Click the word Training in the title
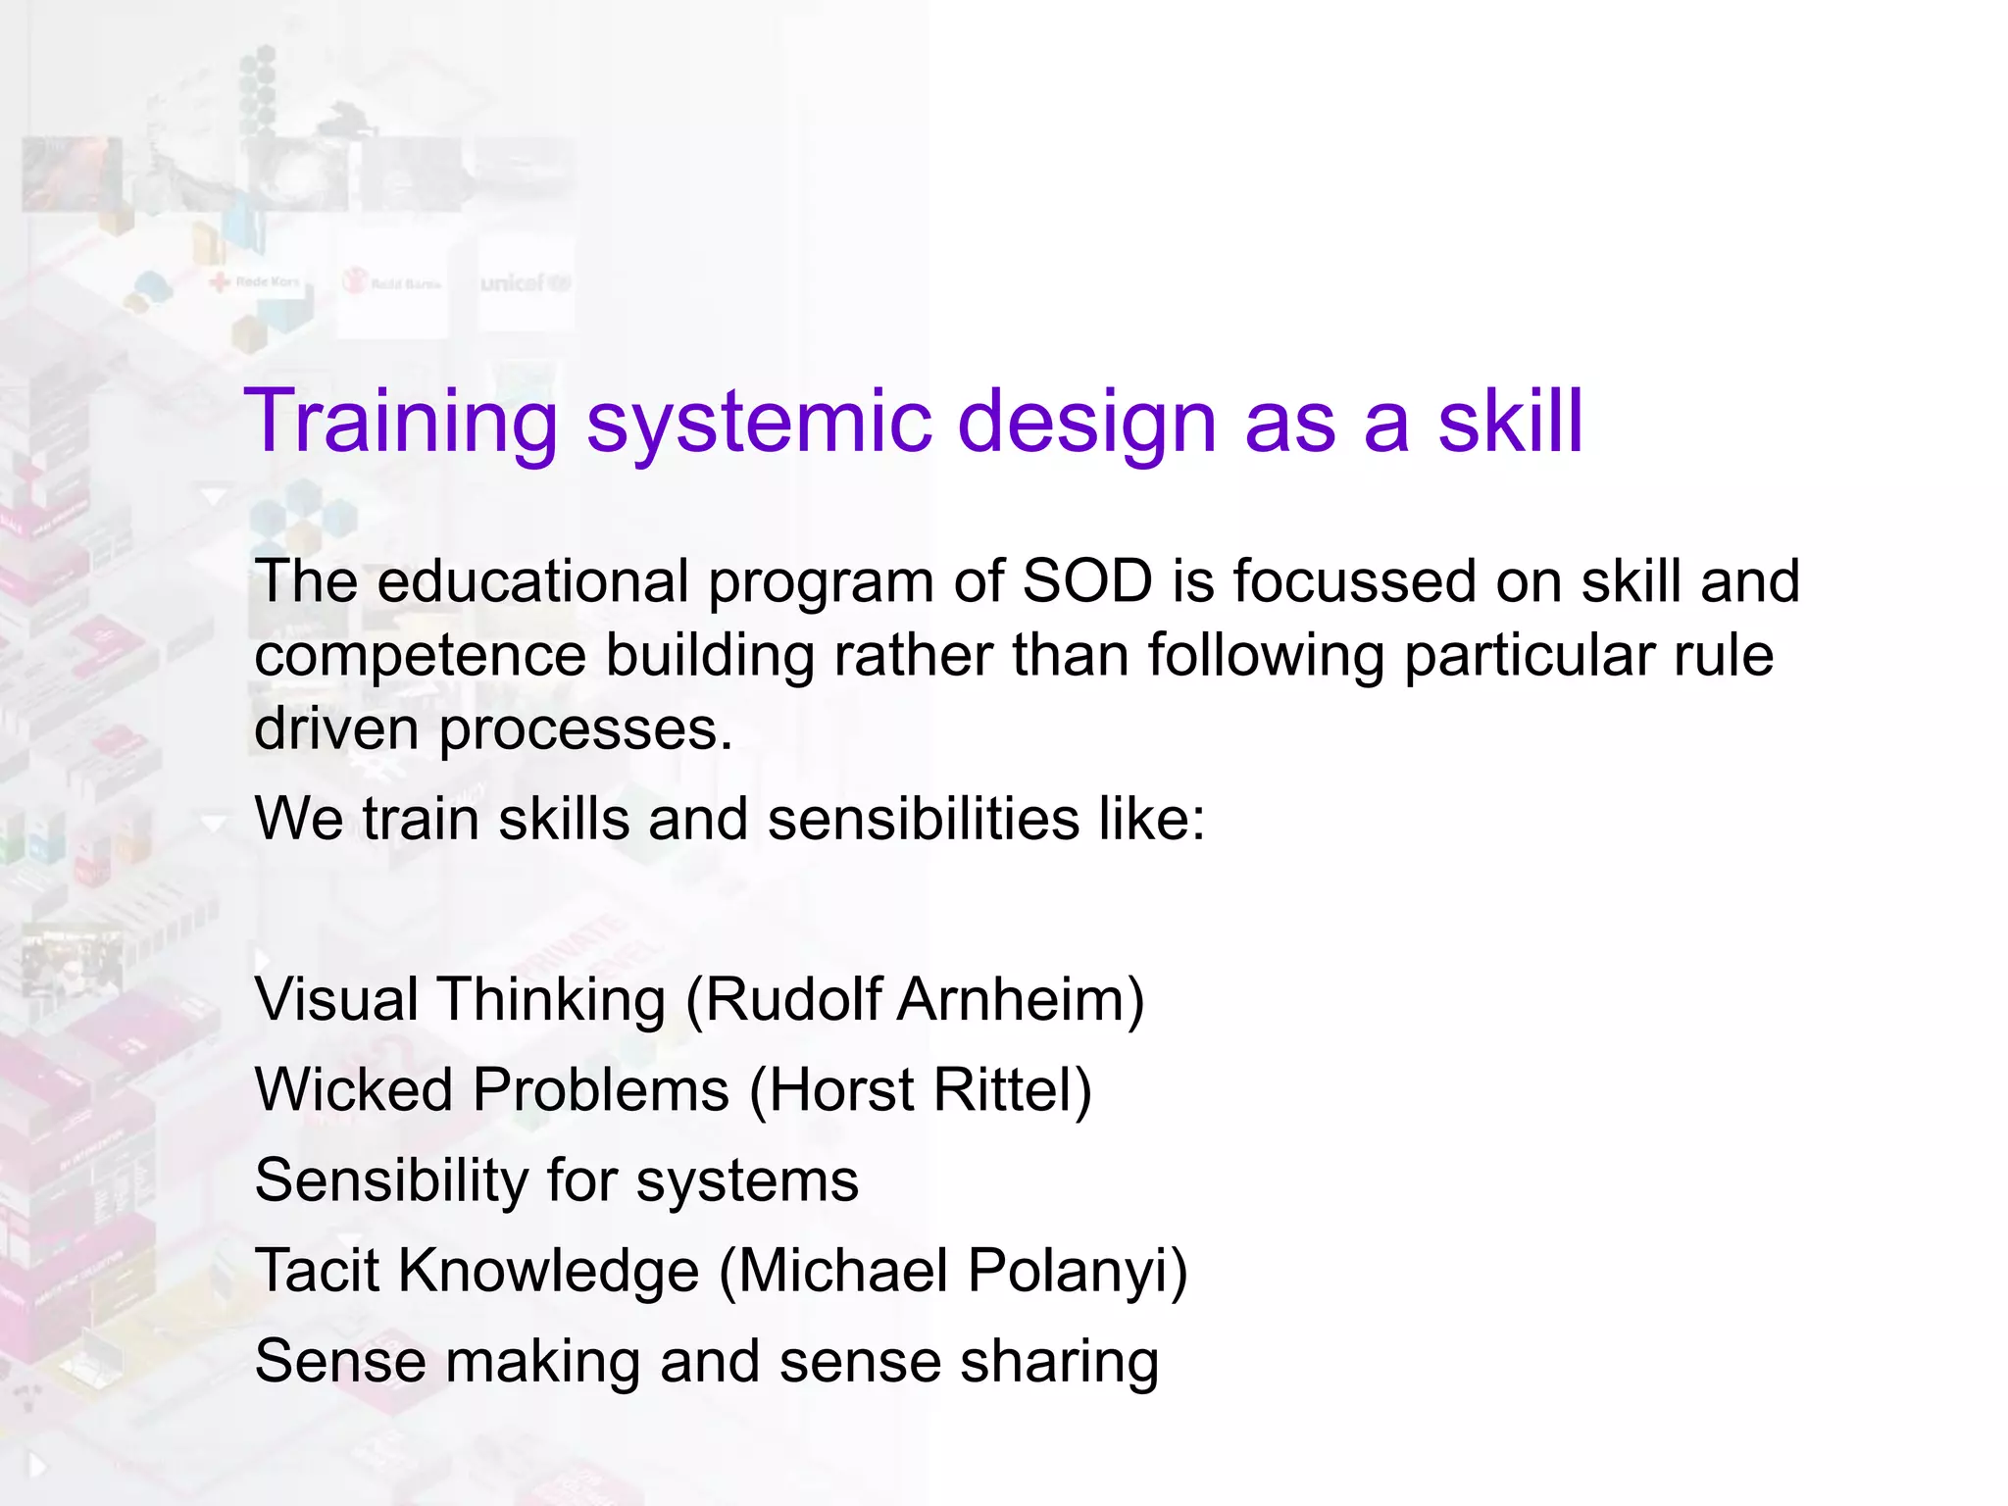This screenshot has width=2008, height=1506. click(x=401, y=422)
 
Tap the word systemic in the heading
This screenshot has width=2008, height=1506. click(x=757, y=422)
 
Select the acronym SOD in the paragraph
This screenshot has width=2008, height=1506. click(x=1086, y=580)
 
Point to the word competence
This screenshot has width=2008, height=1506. click(x=420, y=656)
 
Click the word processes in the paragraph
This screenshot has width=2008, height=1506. click(x=585, y=730)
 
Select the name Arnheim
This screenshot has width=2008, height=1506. click(x=1020, y=1000)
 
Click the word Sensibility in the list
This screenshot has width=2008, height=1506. click(x=391, y=1180)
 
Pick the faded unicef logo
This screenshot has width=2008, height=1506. click(x=525, y=283)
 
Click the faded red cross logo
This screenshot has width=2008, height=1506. click(x=255, y=282)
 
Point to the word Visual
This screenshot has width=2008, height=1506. click(x=336, y=1000)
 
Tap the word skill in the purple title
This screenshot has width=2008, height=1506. click(x=1510, y=422)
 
